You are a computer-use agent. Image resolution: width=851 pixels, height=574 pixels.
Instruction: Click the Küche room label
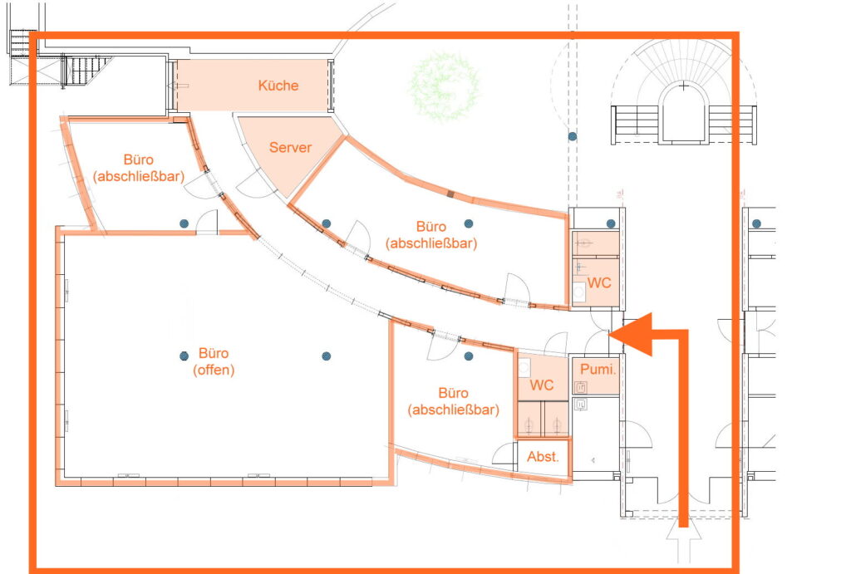point(278,86)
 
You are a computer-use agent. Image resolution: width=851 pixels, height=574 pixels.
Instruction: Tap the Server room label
point(290,147)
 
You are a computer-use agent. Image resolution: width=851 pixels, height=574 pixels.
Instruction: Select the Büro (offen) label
point(214,361)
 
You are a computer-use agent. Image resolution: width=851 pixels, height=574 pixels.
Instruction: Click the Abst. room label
point(543,457)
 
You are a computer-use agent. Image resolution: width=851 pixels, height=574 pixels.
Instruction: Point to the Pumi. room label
point(598,370)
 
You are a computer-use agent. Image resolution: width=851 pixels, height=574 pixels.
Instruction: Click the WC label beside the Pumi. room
point(542,385)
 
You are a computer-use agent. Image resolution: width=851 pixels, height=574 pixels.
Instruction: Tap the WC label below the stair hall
point(599,282)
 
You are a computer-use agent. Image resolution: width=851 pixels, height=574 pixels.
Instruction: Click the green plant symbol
point(445,86)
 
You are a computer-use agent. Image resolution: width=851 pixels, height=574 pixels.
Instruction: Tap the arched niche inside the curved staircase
point(684,113)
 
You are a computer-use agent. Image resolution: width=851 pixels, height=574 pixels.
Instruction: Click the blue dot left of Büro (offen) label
point(184,356)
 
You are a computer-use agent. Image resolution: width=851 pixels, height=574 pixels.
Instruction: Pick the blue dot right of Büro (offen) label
point(326,356)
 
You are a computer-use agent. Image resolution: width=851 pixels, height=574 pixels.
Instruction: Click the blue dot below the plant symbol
point(573,136)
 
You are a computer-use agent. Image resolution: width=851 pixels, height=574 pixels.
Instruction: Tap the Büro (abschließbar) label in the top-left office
point(139,168)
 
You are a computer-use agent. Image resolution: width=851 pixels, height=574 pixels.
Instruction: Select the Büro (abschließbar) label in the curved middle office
point(431,234)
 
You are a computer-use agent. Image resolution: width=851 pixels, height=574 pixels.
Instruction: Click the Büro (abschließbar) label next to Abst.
point(454,401)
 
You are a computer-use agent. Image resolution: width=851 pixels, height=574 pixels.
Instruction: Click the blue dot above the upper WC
point(611,223)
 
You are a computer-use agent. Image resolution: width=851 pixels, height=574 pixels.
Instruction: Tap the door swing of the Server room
point(254,184)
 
